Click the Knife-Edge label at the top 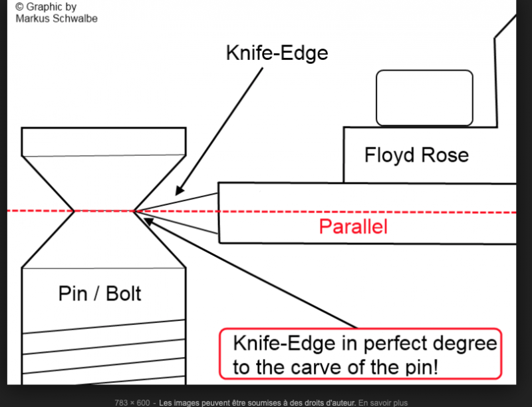[277, 53]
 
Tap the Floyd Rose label [416, 155]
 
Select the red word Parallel [353, 227]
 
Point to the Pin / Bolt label [100, 293]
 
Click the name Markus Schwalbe [57, 18]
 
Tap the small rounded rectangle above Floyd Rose [424, 98]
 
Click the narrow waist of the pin [104, 211]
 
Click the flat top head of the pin [103, 141]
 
